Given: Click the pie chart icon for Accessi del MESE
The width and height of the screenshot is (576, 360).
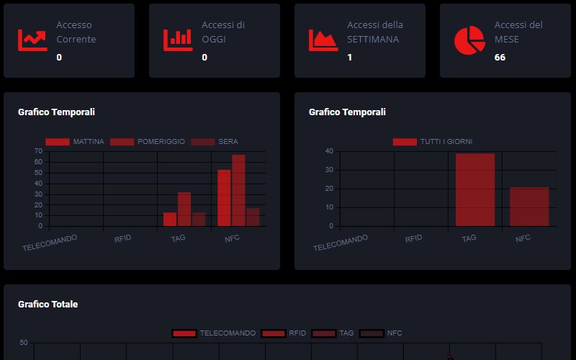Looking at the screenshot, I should click(469, 40).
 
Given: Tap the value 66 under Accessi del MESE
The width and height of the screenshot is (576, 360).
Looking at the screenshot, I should click(500, 57).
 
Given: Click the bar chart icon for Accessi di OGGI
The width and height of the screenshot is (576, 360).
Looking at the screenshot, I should click(178, 40).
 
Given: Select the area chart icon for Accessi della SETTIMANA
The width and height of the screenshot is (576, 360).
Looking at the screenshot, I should click(323, 40).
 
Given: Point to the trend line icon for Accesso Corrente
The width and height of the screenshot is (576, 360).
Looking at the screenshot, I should click(32, 40).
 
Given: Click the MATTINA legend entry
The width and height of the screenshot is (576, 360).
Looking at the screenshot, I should click(75, 142).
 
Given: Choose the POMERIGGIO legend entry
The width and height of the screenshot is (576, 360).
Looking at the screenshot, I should click(148, 142).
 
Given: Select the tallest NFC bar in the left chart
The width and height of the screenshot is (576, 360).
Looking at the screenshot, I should click(238, 191).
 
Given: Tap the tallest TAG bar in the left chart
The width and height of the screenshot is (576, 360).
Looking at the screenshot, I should click(184, 210).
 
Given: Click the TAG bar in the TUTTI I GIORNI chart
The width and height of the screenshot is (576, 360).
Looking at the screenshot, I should click(475, 190).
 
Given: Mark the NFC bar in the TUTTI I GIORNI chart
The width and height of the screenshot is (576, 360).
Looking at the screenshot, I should click(529, 207).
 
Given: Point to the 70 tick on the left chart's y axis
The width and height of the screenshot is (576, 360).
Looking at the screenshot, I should click(37, 151).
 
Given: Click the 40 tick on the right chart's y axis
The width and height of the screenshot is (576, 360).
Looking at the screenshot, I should click(328, 151).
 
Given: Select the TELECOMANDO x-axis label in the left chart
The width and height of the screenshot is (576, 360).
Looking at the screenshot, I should click(50, 243).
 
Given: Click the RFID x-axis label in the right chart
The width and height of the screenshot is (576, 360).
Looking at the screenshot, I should click(413, 238).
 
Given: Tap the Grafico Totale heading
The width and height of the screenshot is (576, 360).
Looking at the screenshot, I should click(48, 305).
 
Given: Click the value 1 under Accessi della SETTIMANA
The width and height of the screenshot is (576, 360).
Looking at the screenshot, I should click(350, 57).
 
